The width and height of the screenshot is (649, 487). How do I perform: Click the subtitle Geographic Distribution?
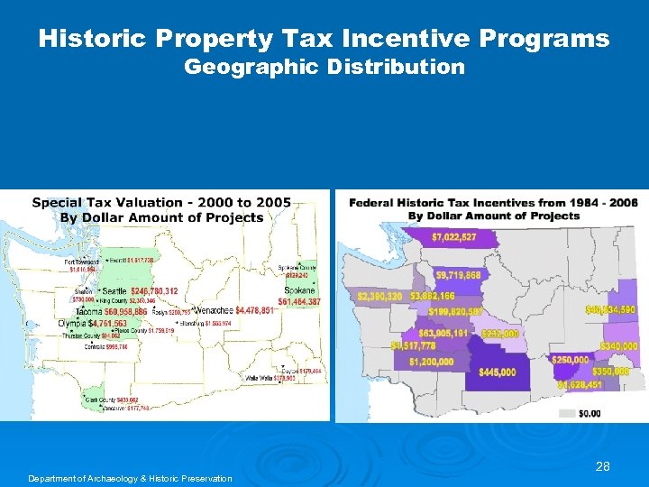[324, 67]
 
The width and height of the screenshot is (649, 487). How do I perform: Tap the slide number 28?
[603, 466]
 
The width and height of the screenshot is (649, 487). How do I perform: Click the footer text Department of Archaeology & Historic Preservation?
[130, 478]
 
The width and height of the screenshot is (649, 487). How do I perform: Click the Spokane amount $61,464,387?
[299, 302]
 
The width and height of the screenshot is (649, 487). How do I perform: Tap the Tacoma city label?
[87, 311]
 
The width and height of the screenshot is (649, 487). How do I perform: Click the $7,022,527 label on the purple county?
[453, 237]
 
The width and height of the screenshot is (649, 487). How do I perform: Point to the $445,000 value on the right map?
[497, 372]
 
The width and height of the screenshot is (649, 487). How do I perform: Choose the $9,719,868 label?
[457, 275]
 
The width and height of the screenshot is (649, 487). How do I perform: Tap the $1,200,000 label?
[431, 362]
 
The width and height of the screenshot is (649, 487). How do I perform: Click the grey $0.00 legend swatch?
[567, 413]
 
